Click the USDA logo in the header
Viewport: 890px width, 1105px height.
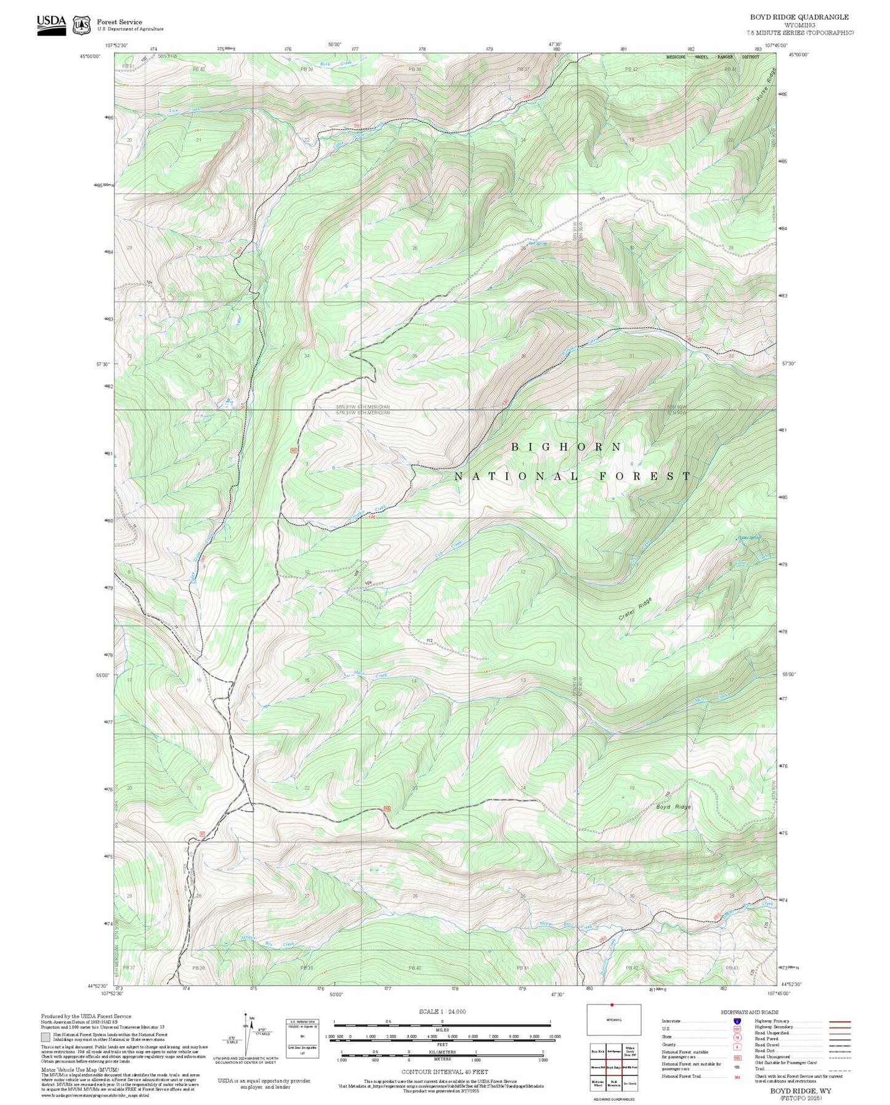click(51, 25)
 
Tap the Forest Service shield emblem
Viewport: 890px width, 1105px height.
click(81, 25)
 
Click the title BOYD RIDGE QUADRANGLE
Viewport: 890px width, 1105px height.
click(799, 17)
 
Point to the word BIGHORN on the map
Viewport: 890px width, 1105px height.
click(566, 447)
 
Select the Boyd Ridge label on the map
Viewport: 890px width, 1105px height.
click(673, 807)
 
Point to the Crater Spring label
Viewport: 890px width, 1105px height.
click(749, 537)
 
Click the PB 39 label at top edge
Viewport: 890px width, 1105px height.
click(306, 70)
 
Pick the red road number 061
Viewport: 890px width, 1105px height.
click(357, 126)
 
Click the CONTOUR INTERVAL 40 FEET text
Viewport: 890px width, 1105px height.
click(436, 1071)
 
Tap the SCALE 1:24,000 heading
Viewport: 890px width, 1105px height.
click(442, 1011)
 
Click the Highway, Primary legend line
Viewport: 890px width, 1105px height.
click(839, 1021)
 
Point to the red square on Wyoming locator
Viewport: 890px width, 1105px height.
click(612, 1005)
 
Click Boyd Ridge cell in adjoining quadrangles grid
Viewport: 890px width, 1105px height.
click(613, 1067)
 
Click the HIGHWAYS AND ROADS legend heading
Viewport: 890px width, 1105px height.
click(750, 1012)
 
